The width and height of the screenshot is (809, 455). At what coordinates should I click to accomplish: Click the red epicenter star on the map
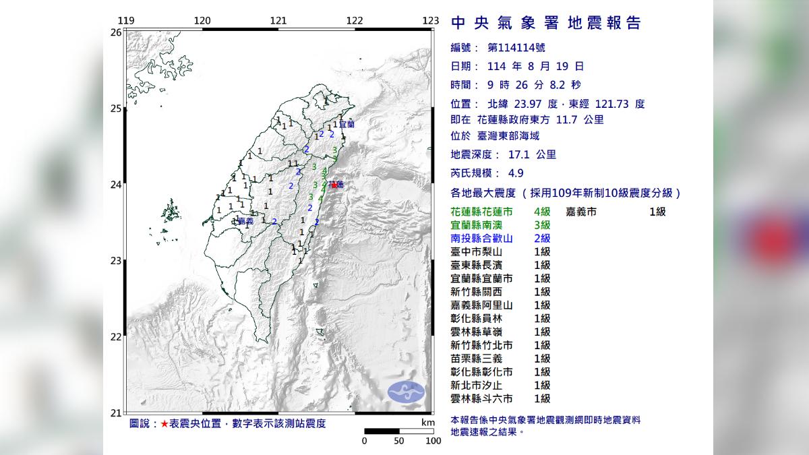pyautogui.click(x=334, y=183)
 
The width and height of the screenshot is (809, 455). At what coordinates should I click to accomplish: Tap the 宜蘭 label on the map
pyautogui.click(x=346, y=125)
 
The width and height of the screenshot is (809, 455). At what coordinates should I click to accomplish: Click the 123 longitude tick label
pyautogui.click(x=431, y=20)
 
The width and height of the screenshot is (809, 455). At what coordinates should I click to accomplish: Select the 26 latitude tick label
pyautogui.click(x=116, y=32)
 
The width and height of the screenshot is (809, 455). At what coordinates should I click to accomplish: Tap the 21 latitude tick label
pyautogui.click(x=116, y=413)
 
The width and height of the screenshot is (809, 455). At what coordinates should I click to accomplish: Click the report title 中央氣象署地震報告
pyautogui.click(x=545, y=24)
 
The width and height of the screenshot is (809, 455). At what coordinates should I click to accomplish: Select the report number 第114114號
pyautogui.click(x=517, y=48)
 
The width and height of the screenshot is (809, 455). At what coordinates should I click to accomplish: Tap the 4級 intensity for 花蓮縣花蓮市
pyautogui.click(x=542, y=212)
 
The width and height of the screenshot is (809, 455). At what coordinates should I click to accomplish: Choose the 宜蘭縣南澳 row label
pyautogui.click(x=481, y=224)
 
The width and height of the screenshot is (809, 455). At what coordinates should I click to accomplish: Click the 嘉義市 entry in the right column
pyautogui.click(x=582, y=212)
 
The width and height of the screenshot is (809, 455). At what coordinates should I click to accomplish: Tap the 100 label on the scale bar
pyautogui.click(x=433, y=441)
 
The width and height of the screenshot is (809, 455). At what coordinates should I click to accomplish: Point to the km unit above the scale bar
pyautogui.click(x=427, y=422)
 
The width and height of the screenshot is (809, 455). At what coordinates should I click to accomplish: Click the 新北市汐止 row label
pyautogui.click(x=481, y=385)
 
